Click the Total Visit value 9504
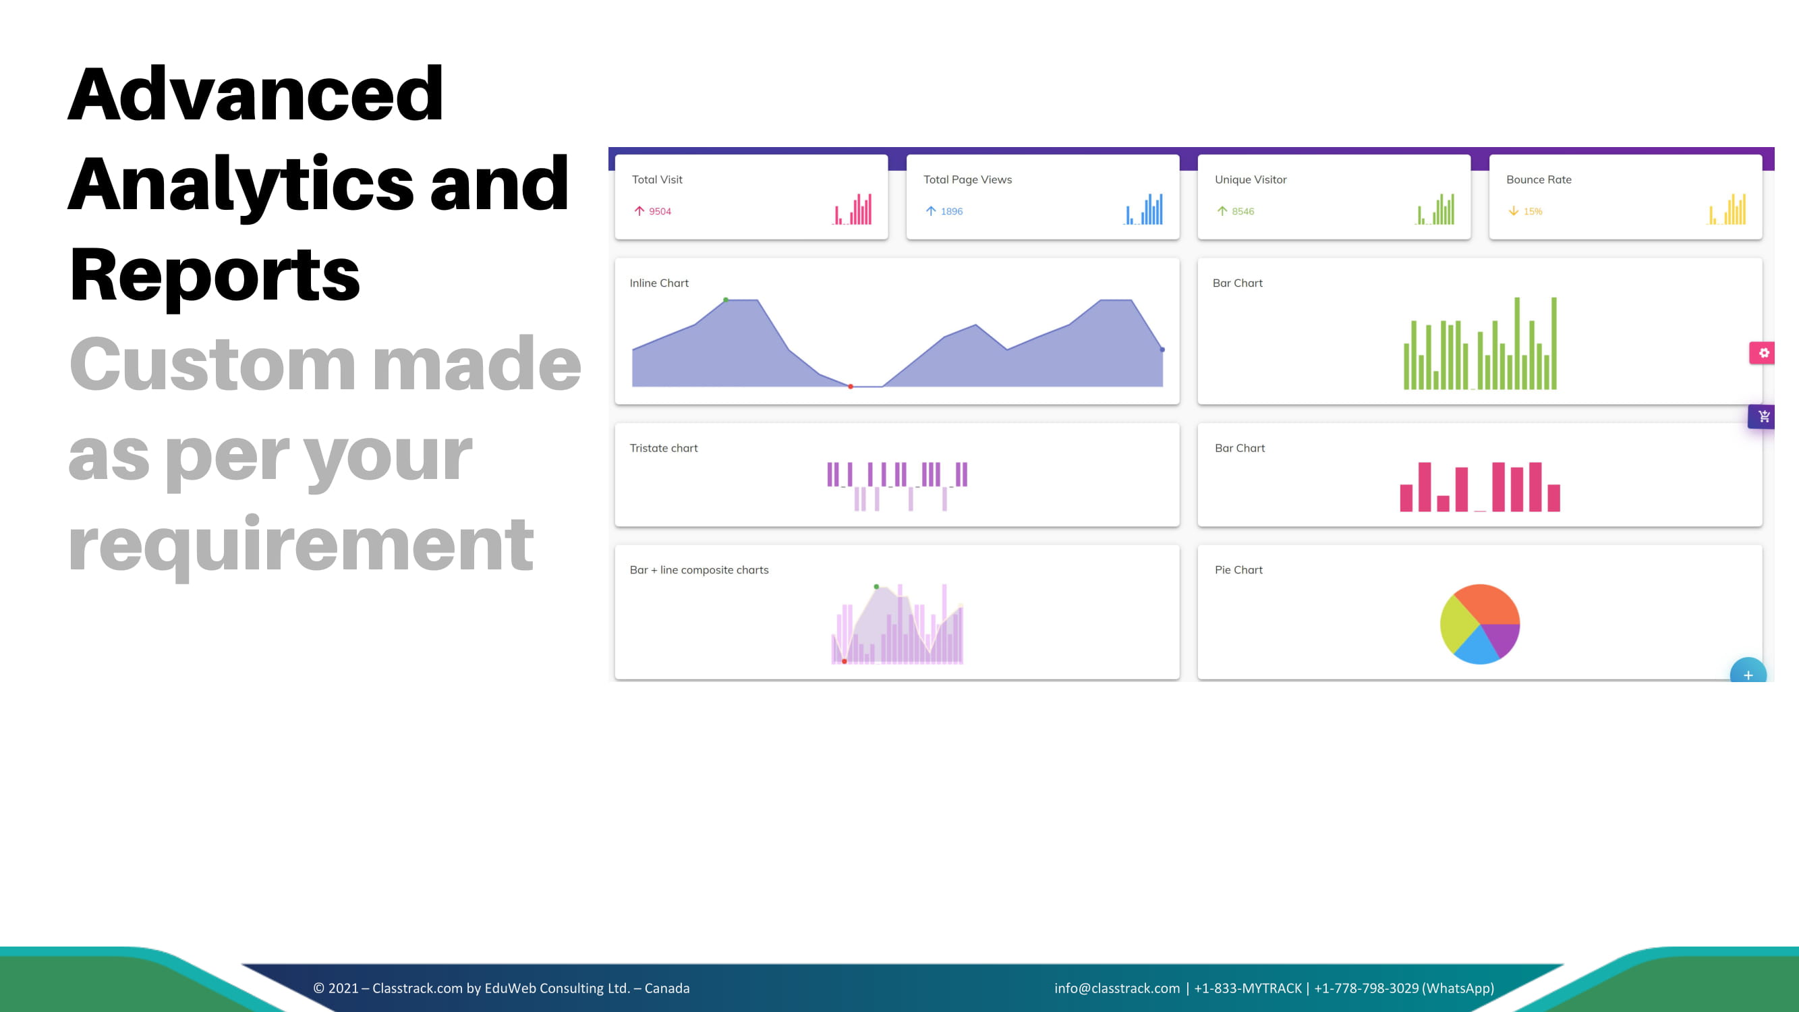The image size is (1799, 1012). coord(659,211)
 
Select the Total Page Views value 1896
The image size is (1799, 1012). coord(951,211)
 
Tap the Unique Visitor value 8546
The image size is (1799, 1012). coord(1243,211)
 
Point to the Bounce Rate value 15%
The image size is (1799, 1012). coord(1533,211)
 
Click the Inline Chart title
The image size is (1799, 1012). coord(658,283)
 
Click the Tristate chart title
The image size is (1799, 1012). coord(664,448)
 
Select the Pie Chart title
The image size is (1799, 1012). coord(1238,570)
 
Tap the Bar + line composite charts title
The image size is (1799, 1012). coord(698,570)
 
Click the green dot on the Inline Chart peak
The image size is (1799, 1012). coord(726,300)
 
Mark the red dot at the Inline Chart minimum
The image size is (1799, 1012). coord(850,386)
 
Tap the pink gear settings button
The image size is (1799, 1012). coord(1762,353)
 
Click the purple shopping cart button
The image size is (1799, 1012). coord(1761,417)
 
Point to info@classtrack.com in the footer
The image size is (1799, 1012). coord(1116,988)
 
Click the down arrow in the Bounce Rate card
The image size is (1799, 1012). coord(1513,211)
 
